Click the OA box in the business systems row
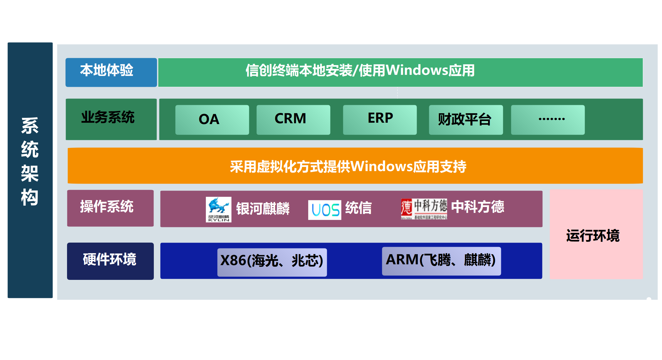[212, 120]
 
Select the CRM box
[293, 120]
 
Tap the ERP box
[380, 120]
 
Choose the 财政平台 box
[466, 120]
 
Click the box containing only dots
[547, 120]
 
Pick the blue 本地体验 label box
[111, 72]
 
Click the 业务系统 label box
[111, 119]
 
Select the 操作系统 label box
[110, 208]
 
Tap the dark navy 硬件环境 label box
[110, 261]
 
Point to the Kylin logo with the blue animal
[218, 209]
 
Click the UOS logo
[324, 210]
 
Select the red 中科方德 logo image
[424, 209]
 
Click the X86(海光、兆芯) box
[272, 262]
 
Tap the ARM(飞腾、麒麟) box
[441, 261]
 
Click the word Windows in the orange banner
[381, 166]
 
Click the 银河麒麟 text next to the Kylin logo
[263, 209]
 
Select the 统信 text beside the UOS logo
[358, 208]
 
